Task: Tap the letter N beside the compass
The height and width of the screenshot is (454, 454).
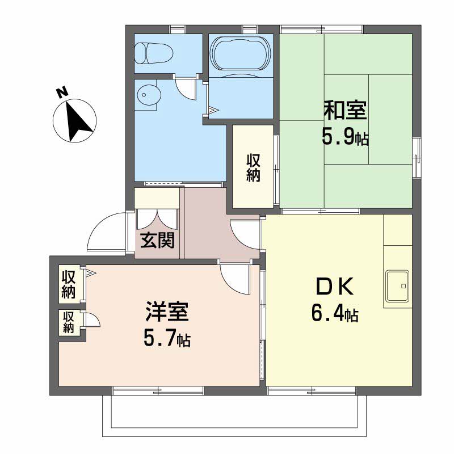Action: point(62,93)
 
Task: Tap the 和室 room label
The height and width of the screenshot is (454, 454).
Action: point(345,110)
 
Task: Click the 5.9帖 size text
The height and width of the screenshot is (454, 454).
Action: point(345,136)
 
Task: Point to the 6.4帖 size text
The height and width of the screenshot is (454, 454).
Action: point(335,314)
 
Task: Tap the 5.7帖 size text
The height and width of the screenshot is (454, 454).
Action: point(166,339)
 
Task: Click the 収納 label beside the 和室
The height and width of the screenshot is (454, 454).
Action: point(253,168)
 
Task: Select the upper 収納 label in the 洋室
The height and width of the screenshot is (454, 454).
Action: point(69,285)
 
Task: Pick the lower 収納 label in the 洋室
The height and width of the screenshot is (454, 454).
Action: point(69,322)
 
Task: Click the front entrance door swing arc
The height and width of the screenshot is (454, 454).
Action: point(105,233)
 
